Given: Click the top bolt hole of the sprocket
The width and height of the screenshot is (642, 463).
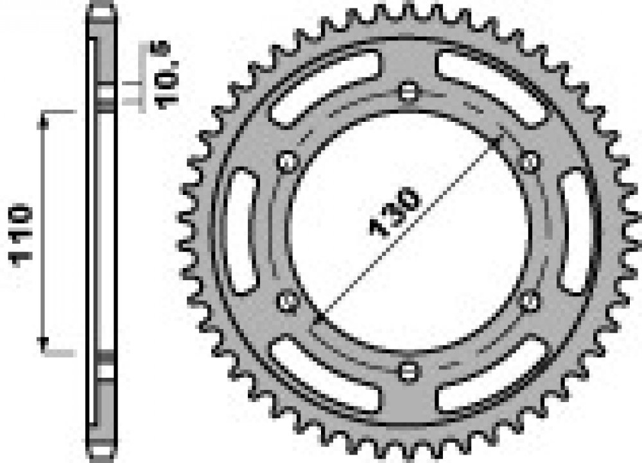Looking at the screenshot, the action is (408, 92).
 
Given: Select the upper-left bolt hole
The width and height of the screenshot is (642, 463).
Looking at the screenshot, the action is (288, 162).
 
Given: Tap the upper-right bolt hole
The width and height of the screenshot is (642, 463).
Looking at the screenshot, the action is (530, 161).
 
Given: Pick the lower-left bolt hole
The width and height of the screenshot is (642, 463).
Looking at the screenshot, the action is (288, 301).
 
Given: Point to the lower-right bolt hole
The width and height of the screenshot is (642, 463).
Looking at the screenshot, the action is (530, 301).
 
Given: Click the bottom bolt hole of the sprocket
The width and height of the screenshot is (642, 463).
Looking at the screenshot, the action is (409, 372).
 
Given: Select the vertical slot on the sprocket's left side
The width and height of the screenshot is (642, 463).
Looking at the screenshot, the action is (243, 231).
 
